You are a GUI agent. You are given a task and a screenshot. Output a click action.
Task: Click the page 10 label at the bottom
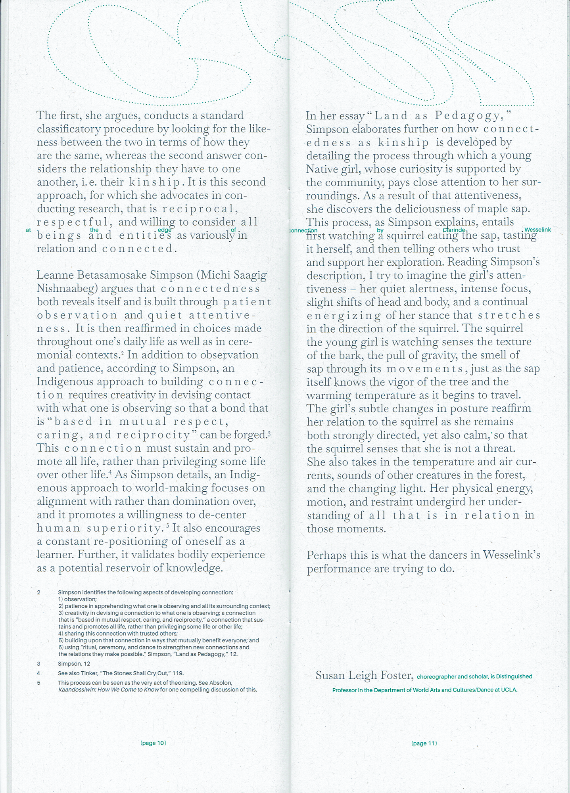coord(153,743)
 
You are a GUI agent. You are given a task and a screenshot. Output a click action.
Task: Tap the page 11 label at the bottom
coord(424,743)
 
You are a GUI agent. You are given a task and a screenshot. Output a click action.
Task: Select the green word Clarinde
coord(454,230)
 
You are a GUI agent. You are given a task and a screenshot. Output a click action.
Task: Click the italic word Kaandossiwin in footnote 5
coord(77,689)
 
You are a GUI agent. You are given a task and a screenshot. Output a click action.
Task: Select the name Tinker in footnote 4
coord(88,673)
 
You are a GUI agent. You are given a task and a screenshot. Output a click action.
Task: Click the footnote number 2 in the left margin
coord(38,592)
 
